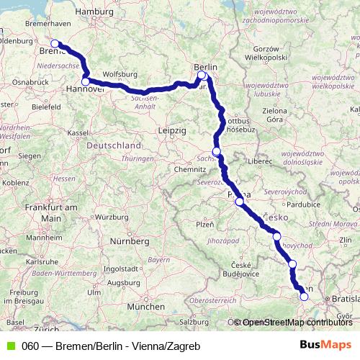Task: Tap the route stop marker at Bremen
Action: click(x=55, y=44)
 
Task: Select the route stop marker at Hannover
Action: click(x=86, y=82)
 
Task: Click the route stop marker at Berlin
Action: click(x=202, y=75)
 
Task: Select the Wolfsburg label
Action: click(x=120, y=74)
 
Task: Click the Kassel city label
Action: click(x=77, y=133)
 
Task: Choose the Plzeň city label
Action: click(x=205, y=225)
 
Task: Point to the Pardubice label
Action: click(x=302, y=204)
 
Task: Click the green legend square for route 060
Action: click(x=9, y=346)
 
